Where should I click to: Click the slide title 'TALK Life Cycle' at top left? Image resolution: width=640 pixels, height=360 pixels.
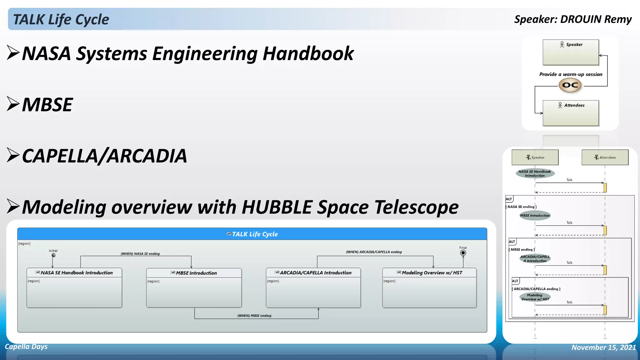pyautogui.click(x=61, y=19)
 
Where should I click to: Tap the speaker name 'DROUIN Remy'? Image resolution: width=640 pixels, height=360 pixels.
pyautogui.click(x=596, y=19)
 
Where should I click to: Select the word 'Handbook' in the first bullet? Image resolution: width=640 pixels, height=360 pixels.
pyautogui.click(x=308, y=53)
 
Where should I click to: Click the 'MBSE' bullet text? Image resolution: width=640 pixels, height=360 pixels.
pyautogui.click(x=47, y=105)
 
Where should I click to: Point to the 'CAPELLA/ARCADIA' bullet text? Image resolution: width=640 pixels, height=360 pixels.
pyautogui.click(x=104, y=156)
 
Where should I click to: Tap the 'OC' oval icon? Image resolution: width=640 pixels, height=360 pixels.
pyautogui.click(x=570, y=85)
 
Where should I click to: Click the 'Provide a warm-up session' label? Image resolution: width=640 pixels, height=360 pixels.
pyautogui.click(x=571, y=74)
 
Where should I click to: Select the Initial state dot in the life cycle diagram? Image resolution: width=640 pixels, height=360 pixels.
pyautogui.click(x=53, y=255)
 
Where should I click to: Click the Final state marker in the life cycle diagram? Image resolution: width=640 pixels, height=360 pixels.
pyautogui.click(x=463, y=253)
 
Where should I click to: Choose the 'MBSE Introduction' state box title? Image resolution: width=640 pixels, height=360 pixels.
pyautogui.click(x=196, y=273)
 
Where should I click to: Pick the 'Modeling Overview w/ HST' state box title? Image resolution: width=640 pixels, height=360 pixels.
pyautogui.click(x=432, y=273)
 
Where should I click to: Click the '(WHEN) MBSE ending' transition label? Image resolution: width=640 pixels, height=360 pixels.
pyautogui.click(x=254, y=316)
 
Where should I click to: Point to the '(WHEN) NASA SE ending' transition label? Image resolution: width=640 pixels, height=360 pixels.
pyautogui.click(x=140, y=254)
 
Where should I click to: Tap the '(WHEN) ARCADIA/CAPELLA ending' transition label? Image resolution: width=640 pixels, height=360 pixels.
pyautogui.click(x=374, y=252)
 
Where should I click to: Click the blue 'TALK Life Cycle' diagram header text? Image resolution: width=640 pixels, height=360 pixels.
pyautogui.click(x=255, y=234)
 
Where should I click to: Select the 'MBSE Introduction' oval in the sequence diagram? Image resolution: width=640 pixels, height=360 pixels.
pyautogui.click(x=535, y=215)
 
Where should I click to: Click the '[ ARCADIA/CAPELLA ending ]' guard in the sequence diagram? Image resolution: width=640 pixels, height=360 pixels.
pyautogui.click(x=537, y=289)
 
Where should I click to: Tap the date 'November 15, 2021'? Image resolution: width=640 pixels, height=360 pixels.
pyautogui.click(x=603, y=347)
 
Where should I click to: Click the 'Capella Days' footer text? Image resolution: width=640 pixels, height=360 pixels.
pyautogui.click(x=26, y=347)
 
